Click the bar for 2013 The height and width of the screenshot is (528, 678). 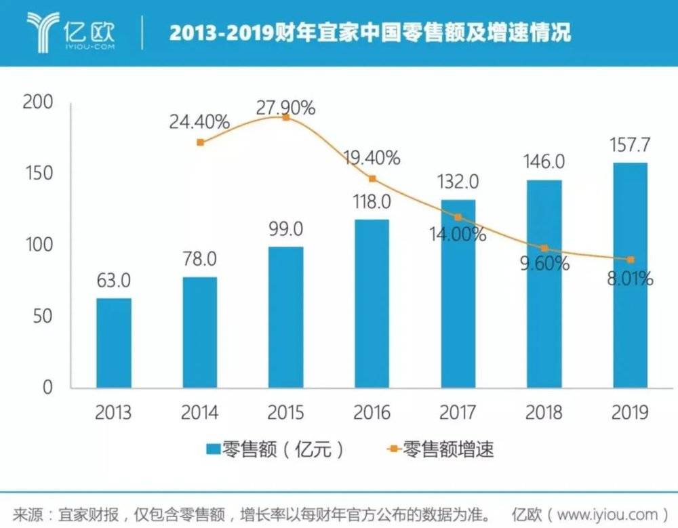(x=113, y=343)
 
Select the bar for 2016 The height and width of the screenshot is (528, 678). (x=372, y=304)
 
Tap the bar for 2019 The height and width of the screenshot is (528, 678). (x=630, y=275)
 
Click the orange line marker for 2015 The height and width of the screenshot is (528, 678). (x=286, y=117)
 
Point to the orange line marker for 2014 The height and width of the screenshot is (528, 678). (x=200, y=142)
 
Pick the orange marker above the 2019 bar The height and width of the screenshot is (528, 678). (x=631, y=260)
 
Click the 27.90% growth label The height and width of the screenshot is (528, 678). (x=285, y=106)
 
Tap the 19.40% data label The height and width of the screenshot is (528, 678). (x=371, y=159)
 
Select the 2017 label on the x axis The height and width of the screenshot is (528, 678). (x=458, y=412)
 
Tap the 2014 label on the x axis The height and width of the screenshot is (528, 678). (x=199, y=412)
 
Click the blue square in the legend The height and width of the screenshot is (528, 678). (x=213, y=449)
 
